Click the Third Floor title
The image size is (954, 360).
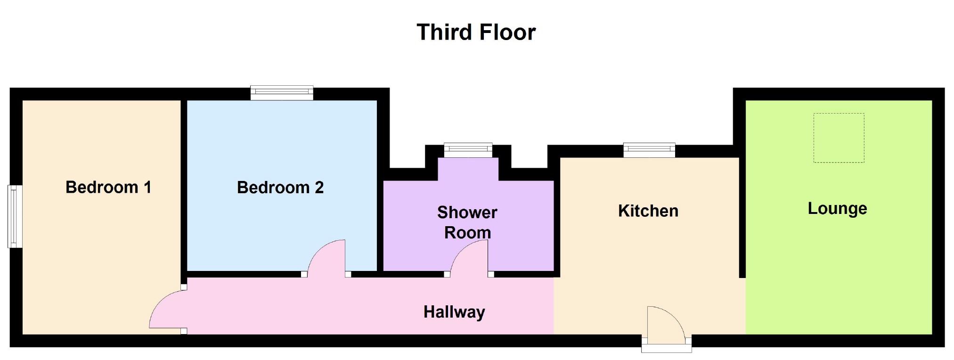click(x=476, y=33)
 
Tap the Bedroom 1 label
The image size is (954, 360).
click(x=108, y=187)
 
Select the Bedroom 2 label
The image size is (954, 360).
click(x=280, y=187)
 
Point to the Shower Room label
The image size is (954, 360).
click(x=467, y=222)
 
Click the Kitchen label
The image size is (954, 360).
click(x=648, y=211)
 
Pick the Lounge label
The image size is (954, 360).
click(x=837, y=209)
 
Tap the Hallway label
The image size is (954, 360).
click(x=454, y=312)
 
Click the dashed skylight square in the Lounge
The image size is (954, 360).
click(x=839, y=138)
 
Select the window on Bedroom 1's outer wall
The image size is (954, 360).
click(x=15, y=216)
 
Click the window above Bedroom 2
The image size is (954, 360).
click(x=282, y=93)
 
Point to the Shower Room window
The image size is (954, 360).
click(x=468, y=150)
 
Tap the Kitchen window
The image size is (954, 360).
click(x=649, y=150)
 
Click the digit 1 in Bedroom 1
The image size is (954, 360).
click(x=147, y=187)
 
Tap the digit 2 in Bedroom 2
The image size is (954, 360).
click(x=319, y=187)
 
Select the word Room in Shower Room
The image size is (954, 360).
click(x=468, y=233)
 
